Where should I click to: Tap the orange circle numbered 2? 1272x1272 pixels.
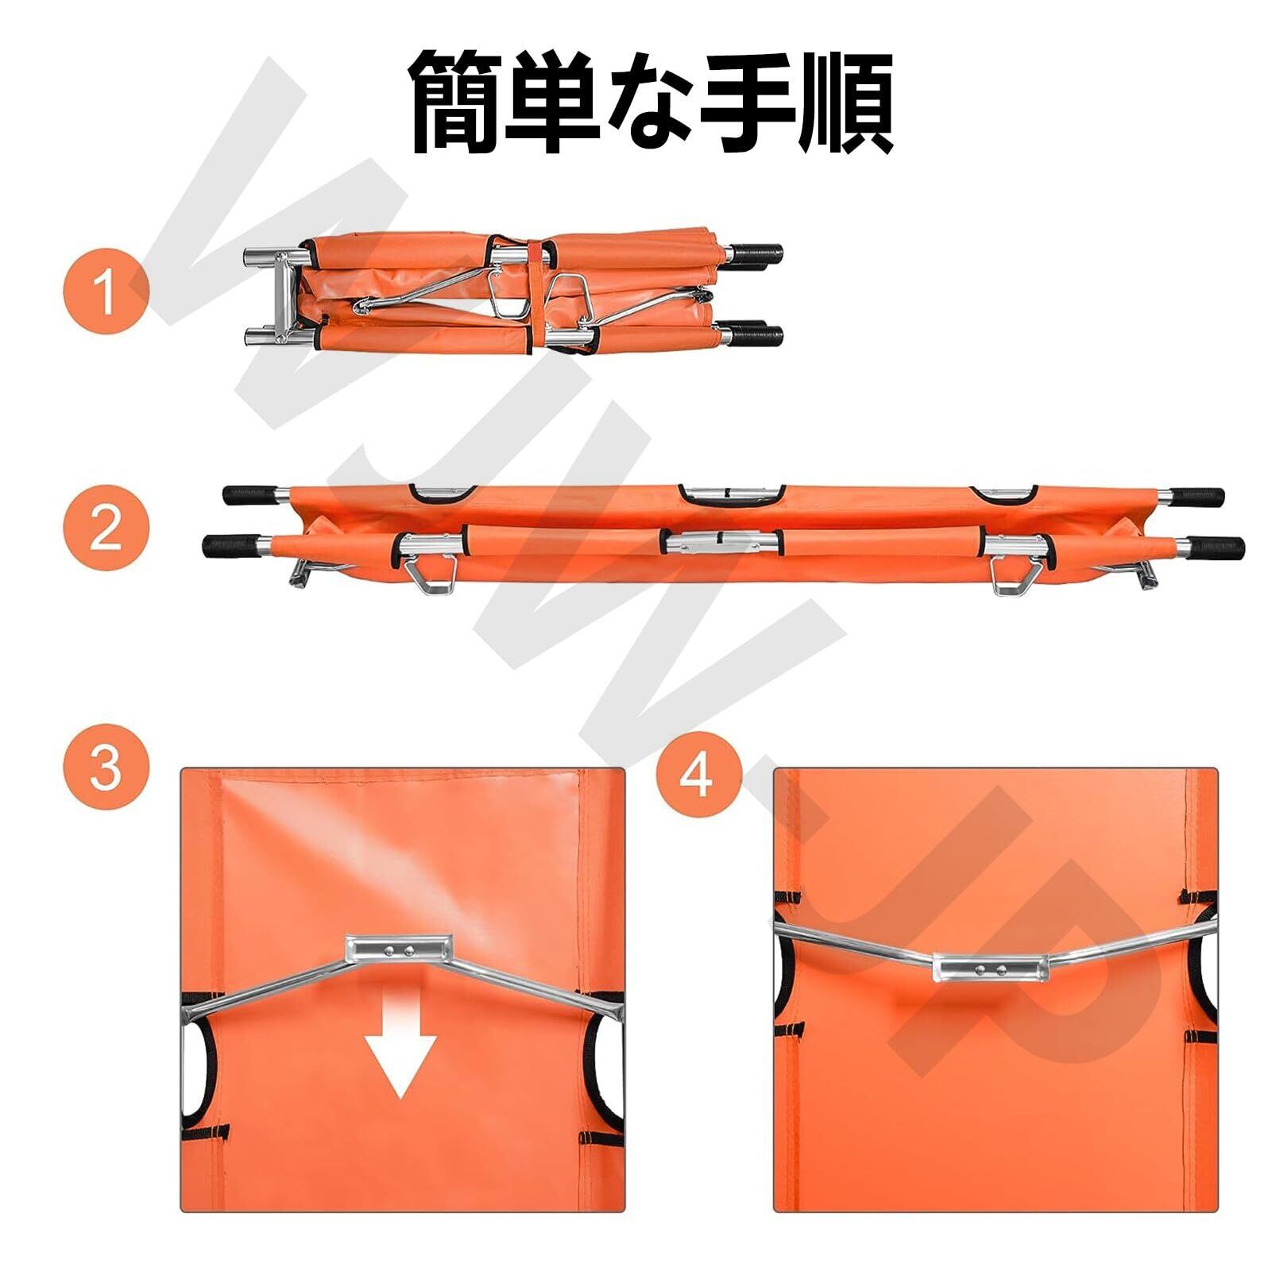(106, 527)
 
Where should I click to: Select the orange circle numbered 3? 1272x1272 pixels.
(106, 767)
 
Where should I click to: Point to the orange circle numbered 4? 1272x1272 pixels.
(699, 775)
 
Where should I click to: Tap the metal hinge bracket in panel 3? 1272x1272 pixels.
(399, 949)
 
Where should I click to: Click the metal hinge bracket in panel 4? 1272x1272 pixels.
(992, 968)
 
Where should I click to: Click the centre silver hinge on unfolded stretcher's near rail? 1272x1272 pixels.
(721, 543)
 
